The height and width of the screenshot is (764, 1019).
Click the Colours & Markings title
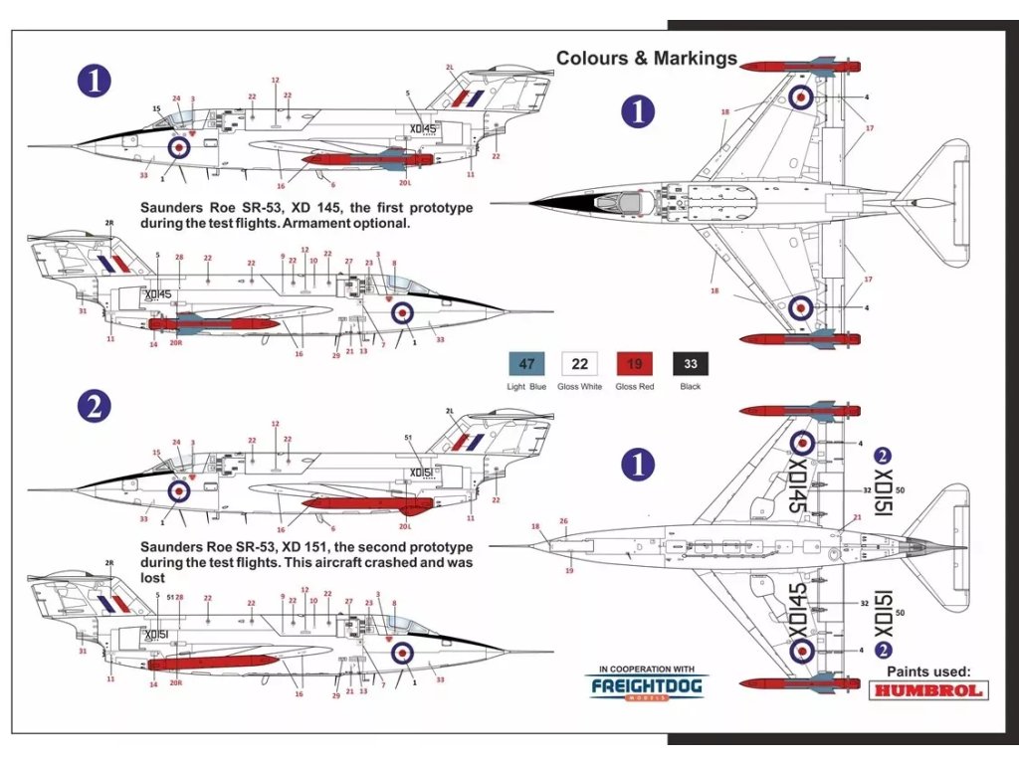tap(647, 58)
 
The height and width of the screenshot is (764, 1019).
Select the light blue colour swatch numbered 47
tap(527, 363)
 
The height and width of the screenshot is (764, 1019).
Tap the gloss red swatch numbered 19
tap(635, 363)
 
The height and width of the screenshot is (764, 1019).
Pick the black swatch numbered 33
tap(690, 363)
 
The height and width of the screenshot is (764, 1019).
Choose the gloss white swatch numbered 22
tap(581, 363)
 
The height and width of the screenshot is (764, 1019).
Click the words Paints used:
tap(928, 671)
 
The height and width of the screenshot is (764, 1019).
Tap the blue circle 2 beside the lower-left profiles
tap(95, 406)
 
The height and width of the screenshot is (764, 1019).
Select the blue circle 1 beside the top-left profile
tap(95, 81)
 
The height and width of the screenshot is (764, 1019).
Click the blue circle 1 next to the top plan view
tap(637, 110)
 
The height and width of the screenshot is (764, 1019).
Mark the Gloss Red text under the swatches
tap(635, 386)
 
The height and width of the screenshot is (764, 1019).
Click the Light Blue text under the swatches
tap(526, 386)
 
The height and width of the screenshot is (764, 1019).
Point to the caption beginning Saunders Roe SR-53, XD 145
tap(306, 216)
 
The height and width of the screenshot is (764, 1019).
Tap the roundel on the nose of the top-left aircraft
tap(179, 147)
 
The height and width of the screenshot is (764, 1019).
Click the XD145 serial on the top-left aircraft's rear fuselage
tap(423, 129)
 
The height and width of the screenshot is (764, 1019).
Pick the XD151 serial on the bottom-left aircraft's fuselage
tap(155, 634)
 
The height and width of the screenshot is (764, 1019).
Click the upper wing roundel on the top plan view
tap(802, 96)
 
